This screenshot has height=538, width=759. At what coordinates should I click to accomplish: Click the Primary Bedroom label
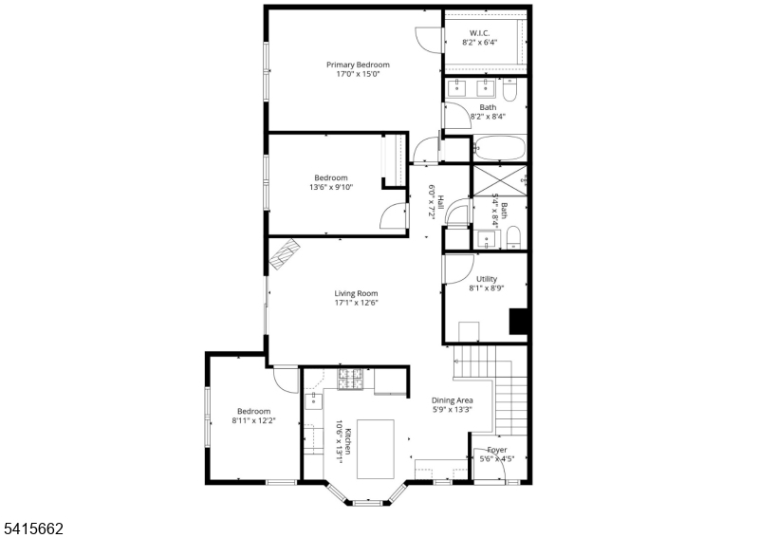tap(358, 65)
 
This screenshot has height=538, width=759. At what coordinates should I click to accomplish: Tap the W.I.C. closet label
tap(479, 31)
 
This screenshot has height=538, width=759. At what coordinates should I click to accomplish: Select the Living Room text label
tap(356, 293)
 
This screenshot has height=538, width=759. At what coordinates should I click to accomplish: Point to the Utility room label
tap(486, 279)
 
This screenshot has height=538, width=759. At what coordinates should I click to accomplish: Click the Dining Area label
tap(452, 400)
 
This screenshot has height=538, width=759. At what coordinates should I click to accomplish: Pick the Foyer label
tap(496, 450)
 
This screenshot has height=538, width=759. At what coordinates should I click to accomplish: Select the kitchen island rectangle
tap(376, 449)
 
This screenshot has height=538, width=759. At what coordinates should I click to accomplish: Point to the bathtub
tap(499, 149)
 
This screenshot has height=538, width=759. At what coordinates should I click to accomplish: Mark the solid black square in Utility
tap(518, 322)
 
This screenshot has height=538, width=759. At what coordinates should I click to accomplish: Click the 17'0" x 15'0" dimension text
tap(358, 75)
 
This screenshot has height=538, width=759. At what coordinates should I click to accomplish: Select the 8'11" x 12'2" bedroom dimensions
tap(253, 421)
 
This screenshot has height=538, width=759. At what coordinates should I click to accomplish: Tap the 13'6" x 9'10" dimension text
tap(331, 187)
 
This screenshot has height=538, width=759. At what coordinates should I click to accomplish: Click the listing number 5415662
tap(32, 524)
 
